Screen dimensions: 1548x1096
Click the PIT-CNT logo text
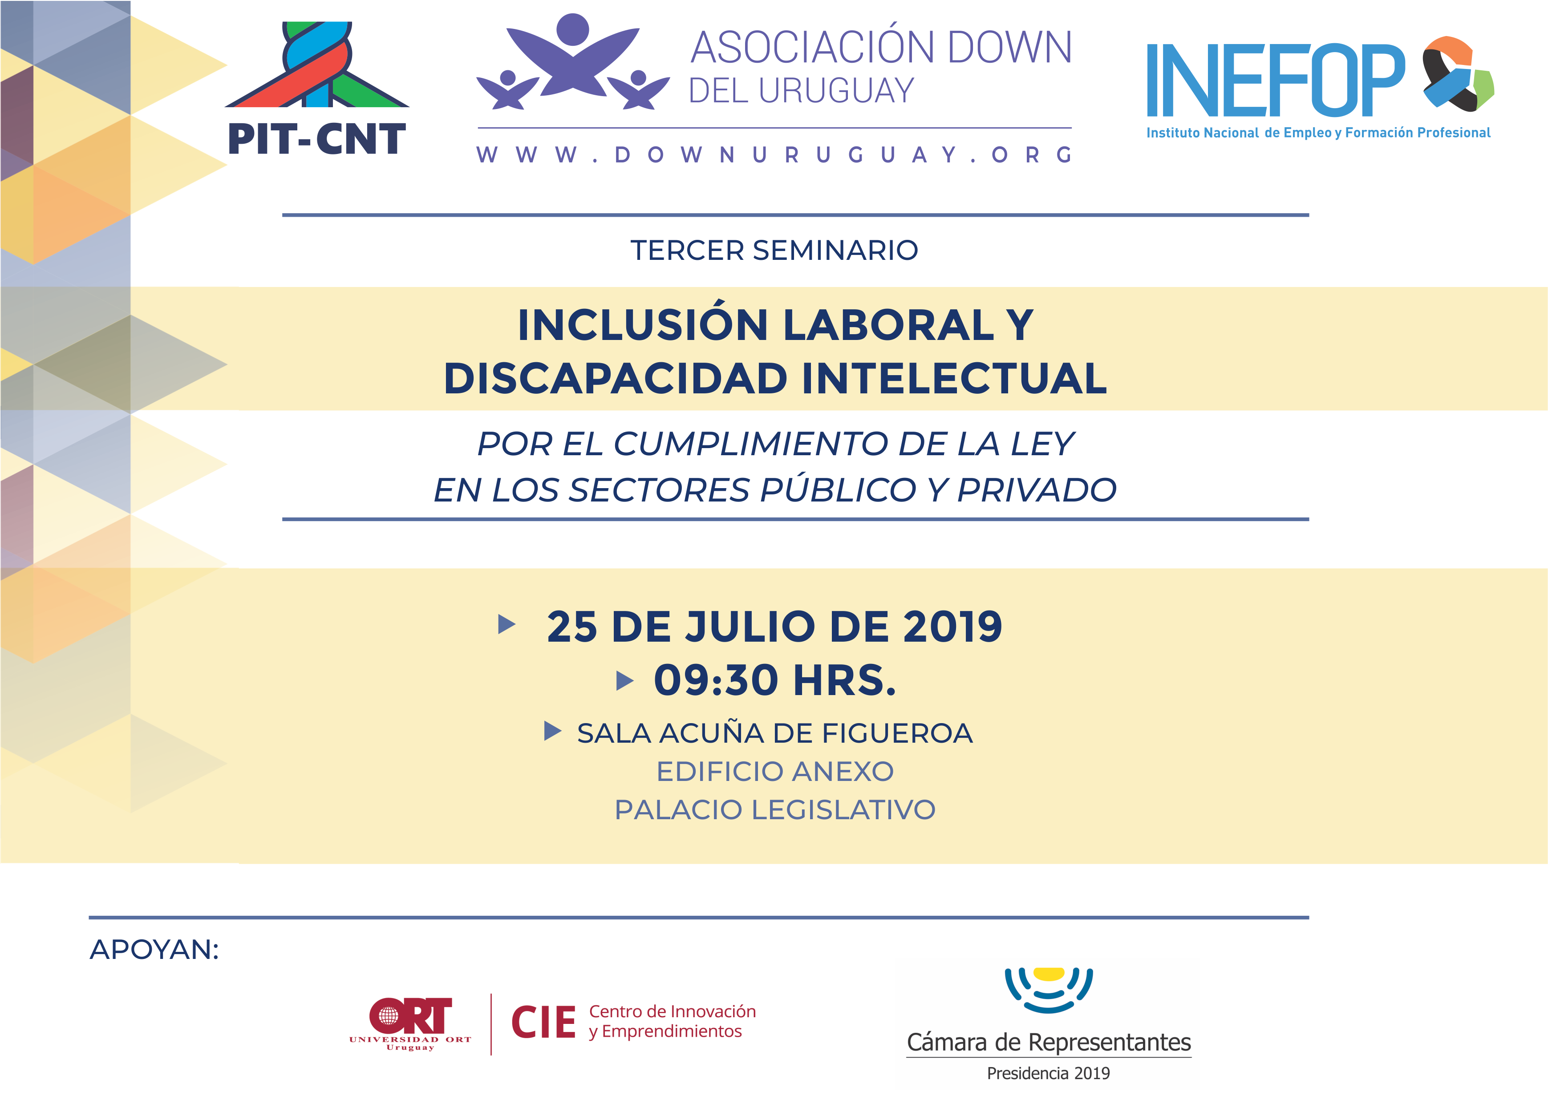click(316, 139)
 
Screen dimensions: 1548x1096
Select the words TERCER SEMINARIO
click(774, 251)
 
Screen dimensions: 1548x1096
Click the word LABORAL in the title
click(888, 325)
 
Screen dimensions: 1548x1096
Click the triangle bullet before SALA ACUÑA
click(552, 731)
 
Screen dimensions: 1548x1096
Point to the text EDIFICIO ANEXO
click(775, 772)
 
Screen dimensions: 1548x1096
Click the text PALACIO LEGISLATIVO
click(775, 810)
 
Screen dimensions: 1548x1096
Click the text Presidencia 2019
click(1049, 1073)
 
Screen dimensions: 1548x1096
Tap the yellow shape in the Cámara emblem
click(1049, 974)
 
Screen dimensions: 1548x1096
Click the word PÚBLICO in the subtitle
click(838, 489)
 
